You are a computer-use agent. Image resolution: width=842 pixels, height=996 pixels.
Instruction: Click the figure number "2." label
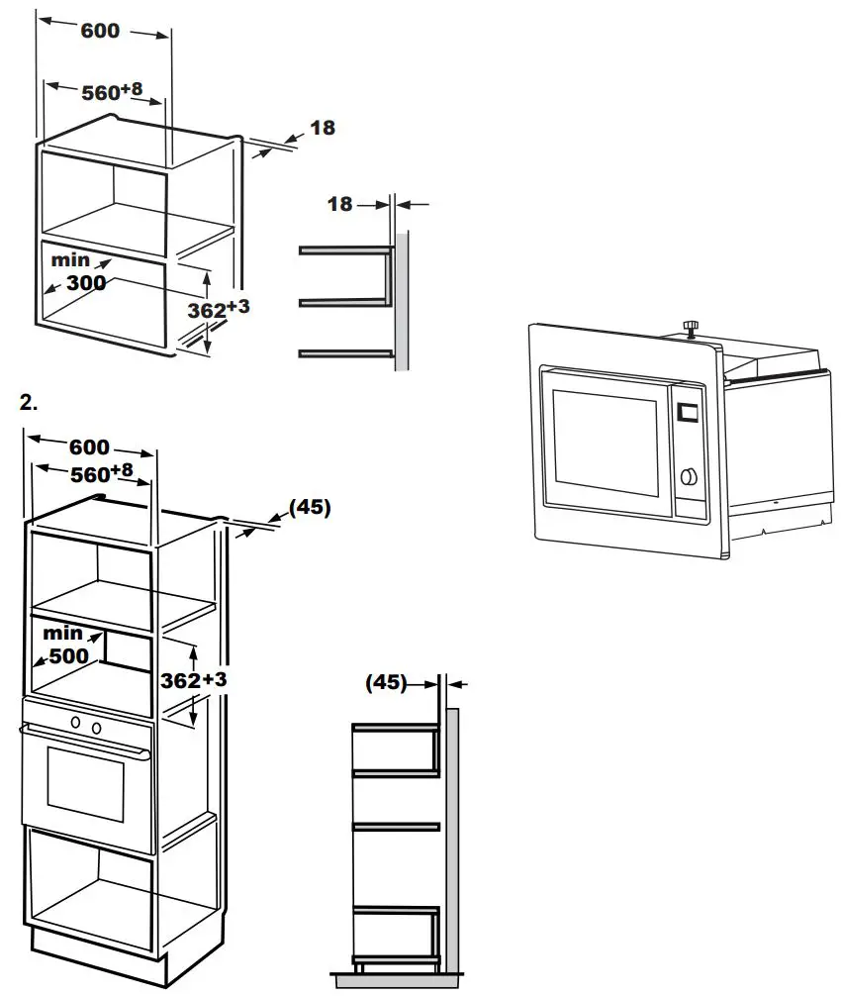pyautogui.click(x=29, y=403)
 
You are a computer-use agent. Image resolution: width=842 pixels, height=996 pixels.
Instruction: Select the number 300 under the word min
pyautogui.click(x=85, y=283)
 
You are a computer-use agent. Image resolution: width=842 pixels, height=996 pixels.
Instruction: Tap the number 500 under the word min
pyautogui.click(x=68, y=654)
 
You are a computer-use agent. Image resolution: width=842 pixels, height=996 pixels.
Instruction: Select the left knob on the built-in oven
pyautogui.click(x=75, y=725)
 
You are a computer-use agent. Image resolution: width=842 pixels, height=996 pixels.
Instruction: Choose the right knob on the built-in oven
pyautogui.click(x=97, y=728)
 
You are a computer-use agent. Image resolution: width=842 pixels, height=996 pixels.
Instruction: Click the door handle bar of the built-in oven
pyautogui.click(x=84, y=742)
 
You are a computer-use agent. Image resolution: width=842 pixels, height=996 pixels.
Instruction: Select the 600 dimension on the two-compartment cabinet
pyautogui.click(x=100, y=31)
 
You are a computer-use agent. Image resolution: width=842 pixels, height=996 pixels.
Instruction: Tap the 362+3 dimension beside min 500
pyautogui.click(x=194, y=680)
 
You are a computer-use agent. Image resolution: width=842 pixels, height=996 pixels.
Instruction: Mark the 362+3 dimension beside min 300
pyautogui.click(x=218, y=309)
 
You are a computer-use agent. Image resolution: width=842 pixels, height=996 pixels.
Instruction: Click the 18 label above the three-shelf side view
pyautogui.click(x=339, y=204)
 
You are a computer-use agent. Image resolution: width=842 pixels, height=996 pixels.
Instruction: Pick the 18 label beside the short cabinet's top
pyautogui.click(x=322, y=128)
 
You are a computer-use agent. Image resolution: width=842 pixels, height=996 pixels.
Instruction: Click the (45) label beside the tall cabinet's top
pyautogui.click(x=310, y=508)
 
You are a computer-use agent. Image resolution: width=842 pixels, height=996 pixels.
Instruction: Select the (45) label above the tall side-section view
pyautogui.click(x=386, y=682)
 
